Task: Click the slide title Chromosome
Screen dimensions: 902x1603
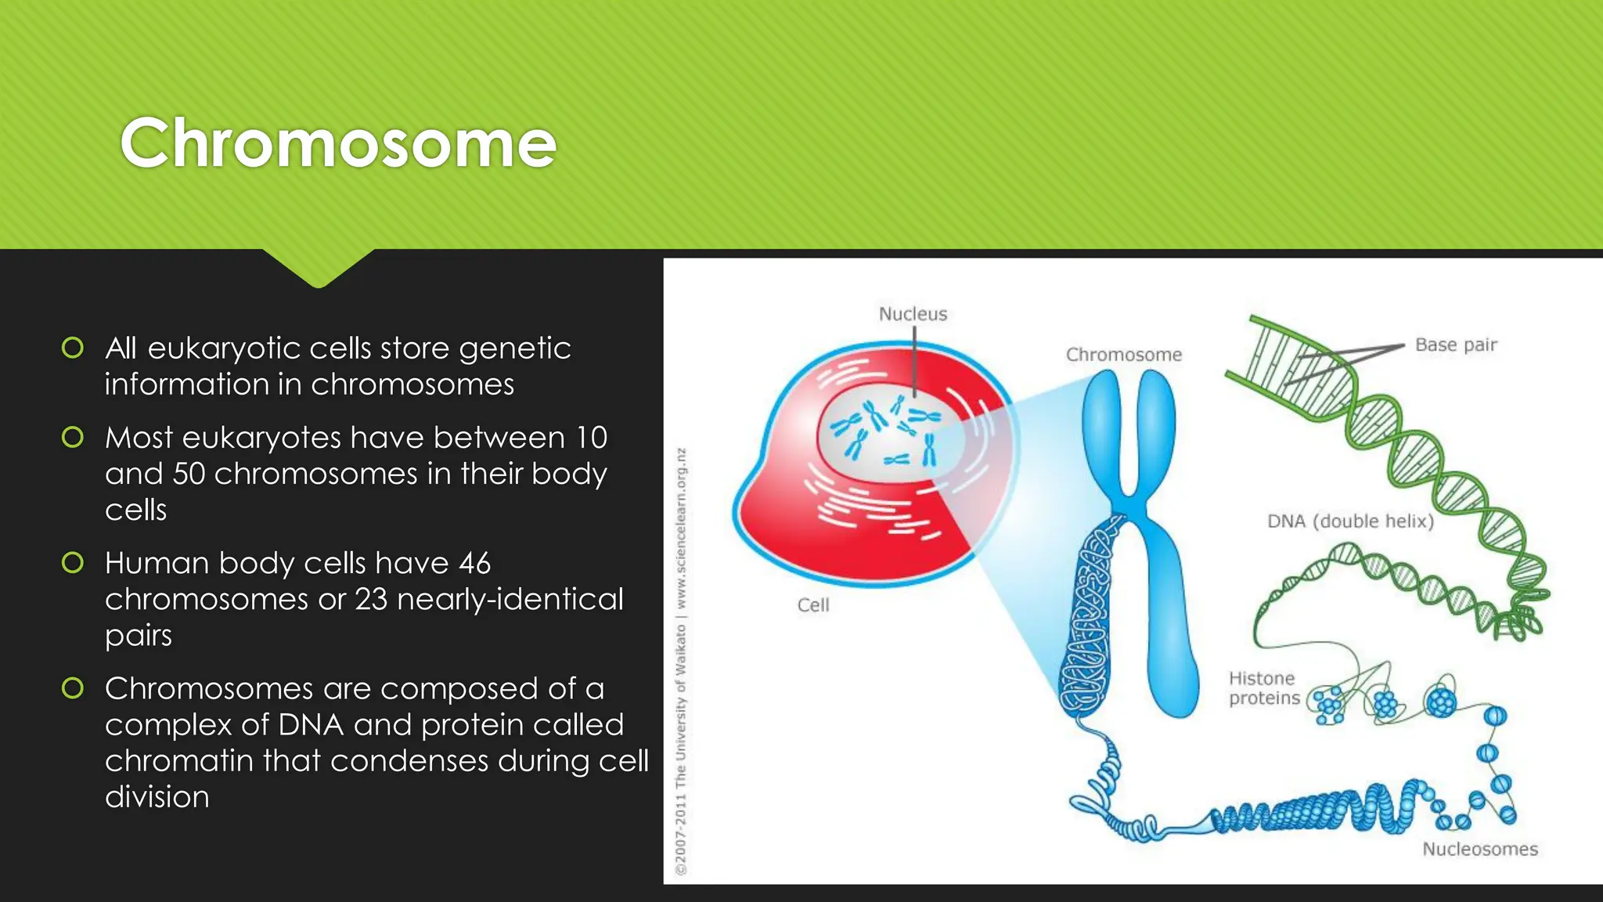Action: pos(338,143)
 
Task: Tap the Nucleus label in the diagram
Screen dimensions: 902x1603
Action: pos(913,314)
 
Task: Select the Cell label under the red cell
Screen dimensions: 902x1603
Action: pos(813,605)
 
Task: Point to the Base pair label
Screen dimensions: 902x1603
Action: pos(1456,345)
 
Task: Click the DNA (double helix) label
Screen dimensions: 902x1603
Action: pos(1350,521)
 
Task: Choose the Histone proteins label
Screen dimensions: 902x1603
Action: pos(1263,688)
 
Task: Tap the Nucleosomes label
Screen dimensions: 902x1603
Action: pos(1479,850)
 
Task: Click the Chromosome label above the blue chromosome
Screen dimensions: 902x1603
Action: pos(1124,355)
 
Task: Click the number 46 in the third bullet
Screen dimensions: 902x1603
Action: pos(474,563)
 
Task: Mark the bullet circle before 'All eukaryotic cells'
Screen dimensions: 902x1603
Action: pos(73,348)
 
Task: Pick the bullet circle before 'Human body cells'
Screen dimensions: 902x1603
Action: pos(73,562)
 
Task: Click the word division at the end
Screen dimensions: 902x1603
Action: pos(157,797)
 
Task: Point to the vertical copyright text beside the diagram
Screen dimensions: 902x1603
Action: pos(682,662)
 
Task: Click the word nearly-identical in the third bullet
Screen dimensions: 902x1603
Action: pos(510,600)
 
